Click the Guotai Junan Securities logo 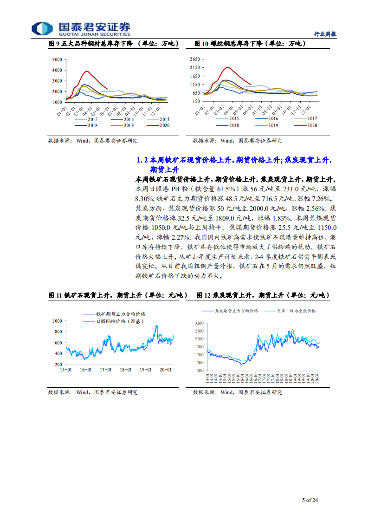tap(81, 28)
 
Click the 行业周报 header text tap(325, 34)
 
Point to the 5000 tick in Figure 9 tap(57, 60)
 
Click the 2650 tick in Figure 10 tap(194, 59)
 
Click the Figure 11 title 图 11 tap(55, 295)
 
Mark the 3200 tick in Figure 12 tap(199, 323)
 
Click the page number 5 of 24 tap(310, 500)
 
